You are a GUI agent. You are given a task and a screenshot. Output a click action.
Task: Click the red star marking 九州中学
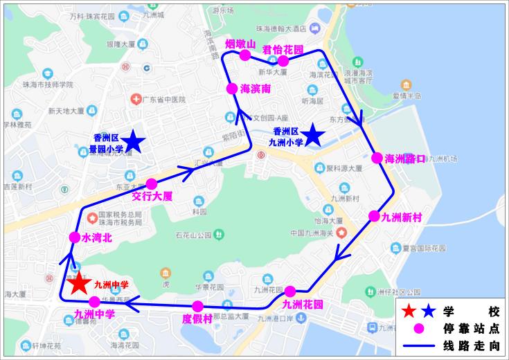(x=78, y=283)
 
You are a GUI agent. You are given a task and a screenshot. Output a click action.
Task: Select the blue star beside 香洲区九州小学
(x=313, y=134)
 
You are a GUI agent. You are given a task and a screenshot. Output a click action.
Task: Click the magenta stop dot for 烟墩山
(x=244, y=55)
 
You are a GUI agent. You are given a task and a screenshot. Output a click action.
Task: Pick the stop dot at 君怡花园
(x=283, y=60)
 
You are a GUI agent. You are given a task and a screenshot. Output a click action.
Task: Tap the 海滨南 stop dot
(x=233, y=89)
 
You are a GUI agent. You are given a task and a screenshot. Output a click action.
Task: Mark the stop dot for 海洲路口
(x=377, y=158)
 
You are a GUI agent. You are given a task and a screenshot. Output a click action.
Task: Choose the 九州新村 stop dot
(x=374, y=216)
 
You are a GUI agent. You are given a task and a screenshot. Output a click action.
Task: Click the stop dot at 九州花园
(x=290, y=291)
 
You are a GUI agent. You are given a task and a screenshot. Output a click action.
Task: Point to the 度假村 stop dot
(x=198, y=306)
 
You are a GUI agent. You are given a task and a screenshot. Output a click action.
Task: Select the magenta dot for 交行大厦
(x=152, y=183)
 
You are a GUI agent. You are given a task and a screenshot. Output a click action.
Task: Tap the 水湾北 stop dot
(x=75, y=237)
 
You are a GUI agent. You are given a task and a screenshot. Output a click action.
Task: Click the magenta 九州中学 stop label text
(x=94, y=315)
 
